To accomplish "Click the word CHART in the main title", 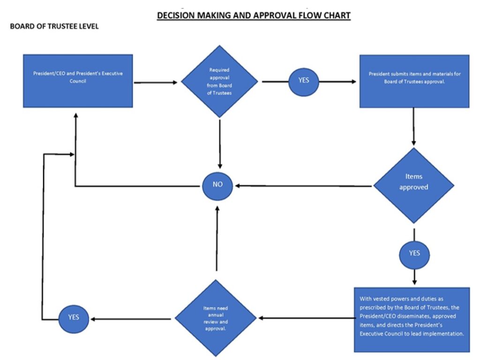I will pyautogui.click(x=333, y=15).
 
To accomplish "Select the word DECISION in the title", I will pyautogui.click(x=175, y=15).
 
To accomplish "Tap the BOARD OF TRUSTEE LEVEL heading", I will pyautogui.click(x=54, y=27).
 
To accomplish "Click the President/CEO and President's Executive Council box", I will pyautogui.click(x=78, y=81).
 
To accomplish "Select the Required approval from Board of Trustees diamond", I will pyautogui.click(x=219, y=81).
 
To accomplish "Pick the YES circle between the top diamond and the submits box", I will pyautogui.click(x=304, y=80).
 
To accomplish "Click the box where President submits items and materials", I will pyautogui.click(x=414, y=81).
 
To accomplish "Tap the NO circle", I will pyautogui.click(x=218, y=185).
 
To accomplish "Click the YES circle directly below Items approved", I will pyautogui.click(x=414, y=253).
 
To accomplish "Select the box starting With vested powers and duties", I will pyautogui.click(x=412, y=319).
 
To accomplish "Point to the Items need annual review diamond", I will pyautogui.click(x=216, y=318).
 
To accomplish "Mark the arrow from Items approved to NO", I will pyautogui.click(x=305, y=186).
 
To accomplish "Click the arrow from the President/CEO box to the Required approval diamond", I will pyautogui.click(x=156, y=82).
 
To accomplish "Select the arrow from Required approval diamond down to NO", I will pyautogui.click(x=219, y=143).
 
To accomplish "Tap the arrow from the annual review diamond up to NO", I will pyautogui.click(x=217, y=239).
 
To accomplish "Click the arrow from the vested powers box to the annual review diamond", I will pyautogui.click(x=306, y=319).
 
